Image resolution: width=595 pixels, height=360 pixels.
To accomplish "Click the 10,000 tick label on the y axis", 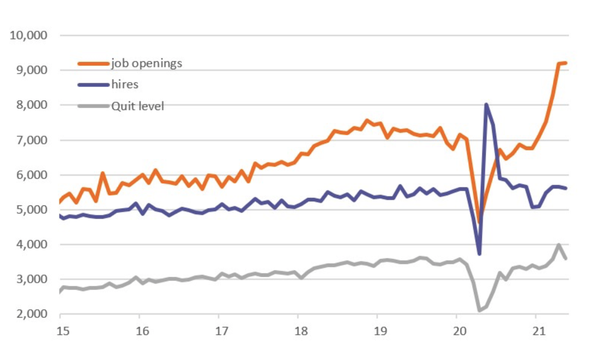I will pyautogui.click(x=28, y=35).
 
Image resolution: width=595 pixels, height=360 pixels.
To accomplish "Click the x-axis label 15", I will pyautogui.click(x=63, y=331).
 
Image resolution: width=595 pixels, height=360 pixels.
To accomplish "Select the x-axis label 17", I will pyautogui.click(x=222, y=331).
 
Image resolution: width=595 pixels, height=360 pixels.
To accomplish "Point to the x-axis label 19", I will pyautogui.click(x=380, y=331).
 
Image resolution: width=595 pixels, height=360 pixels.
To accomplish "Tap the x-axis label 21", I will pyautogui.click(x=539, y=331).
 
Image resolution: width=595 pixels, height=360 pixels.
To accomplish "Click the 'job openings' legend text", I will pyautogui.click(x=146, y=63).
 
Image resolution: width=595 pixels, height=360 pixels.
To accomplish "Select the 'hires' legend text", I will pyautogui.click(x=125, y=85).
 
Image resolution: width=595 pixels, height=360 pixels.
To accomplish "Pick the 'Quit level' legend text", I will pyautogui.click(x=138, y=106).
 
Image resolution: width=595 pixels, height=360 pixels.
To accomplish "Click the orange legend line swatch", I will pyautogui.click(x=93, y=64).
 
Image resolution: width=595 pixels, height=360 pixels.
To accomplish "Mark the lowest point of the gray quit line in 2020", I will pyautogui.click(x=479, y=311).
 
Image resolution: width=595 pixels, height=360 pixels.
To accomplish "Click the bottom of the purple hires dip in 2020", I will pyautogui.click(x=479, y=254).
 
